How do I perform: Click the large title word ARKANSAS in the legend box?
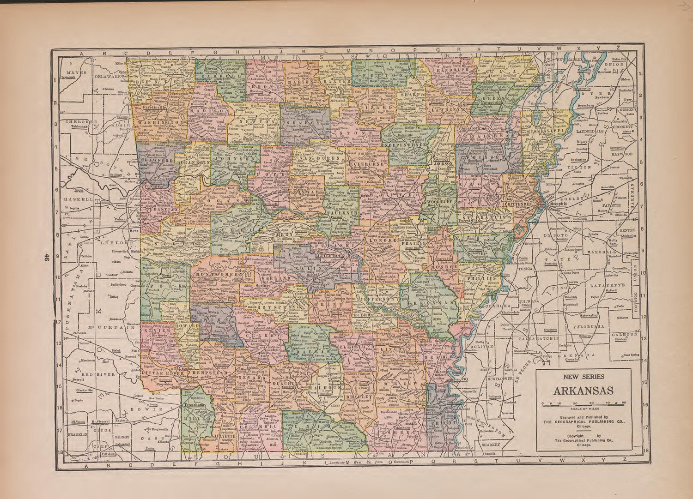click(x=584, y=391)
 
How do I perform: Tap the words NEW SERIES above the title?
click(x=584, y=377)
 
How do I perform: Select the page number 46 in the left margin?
click(x=46, y=259)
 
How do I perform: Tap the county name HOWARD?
click(x=187, y=325)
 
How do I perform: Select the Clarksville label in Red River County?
click(x=84, y=390)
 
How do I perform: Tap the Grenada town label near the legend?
click(x=569, y=358)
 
